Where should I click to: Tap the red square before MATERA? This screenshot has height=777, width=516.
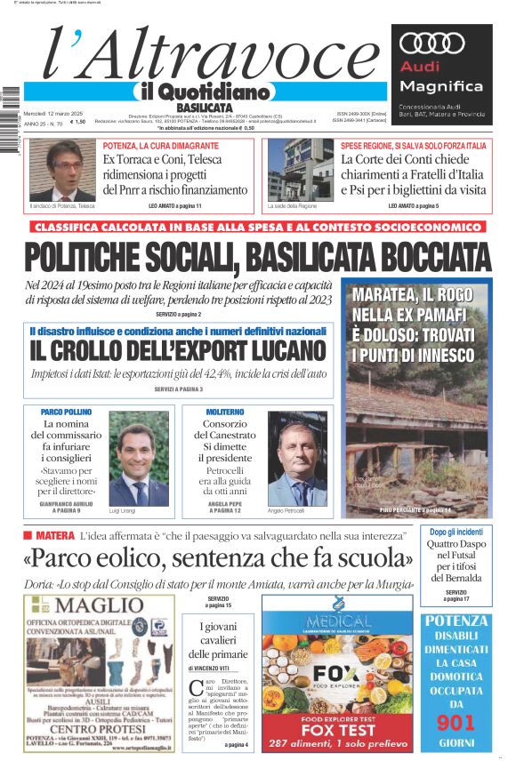click(28, 535)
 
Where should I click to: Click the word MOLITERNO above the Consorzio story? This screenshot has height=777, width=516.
click(224, 413)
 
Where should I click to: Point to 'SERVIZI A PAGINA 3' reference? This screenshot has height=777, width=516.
click(178, 389)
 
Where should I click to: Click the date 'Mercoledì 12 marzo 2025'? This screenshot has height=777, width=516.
click(53, 113)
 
